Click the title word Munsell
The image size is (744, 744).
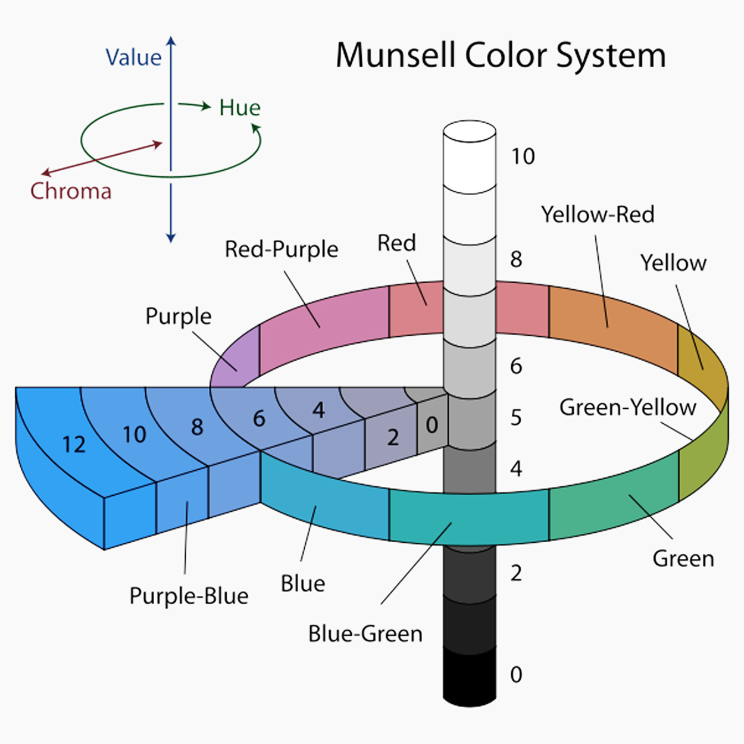tap(396, 55)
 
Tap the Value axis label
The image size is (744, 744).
tap(133, 58)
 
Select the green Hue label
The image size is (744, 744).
tap(239, 108)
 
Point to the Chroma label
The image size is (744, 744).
tap(71, 191)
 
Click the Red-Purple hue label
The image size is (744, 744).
tap(281, 249)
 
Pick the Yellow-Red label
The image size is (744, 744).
tap(598, 214)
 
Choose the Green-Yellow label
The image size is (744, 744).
tap(627, 408)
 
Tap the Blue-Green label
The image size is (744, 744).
tap(365, 634)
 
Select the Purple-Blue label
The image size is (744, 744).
tap(189, 596)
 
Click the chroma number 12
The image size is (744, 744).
tap(74, 445)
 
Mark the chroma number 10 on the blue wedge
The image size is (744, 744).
tap(134, 435)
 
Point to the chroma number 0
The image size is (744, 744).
tap(432, 425)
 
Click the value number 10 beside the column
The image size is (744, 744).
tap(523, 157)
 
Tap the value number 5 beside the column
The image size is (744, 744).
tap(516, 418)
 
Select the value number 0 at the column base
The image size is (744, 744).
tap(516, 675)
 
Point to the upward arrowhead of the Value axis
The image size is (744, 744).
tap(171, 42)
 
